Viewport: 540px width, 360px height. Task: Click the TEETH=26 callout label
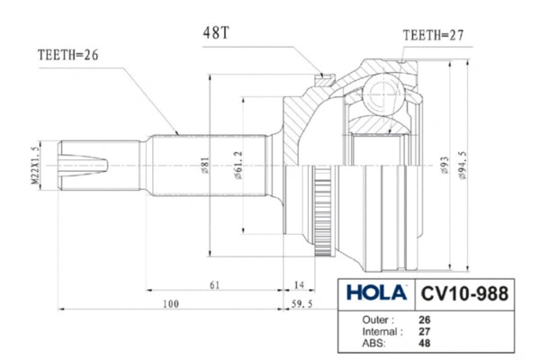(67, 53)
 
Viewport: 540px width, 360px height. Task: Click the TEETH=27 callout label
(434, 35)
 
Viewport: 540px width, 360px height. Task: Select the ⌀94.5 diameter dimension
(462, 166)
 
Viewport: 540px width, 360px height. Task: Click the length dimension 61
(216, 284)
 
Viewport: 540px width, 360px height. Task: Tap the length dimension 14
(298, 284)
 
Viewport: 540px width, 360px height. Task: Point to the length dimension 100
(170, 303)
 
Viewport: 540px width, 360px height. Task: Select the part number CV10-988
(464, 294)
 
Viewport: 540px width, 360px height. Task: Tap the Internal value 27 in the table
(425, 331)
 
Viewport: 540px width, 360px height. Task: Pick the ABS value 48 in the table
(425, 343)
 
